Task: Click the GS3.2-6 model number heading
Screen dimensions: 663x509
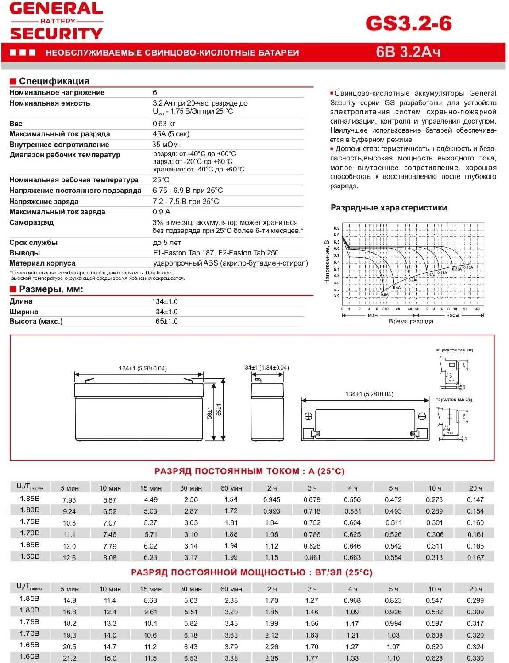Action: click(x=409, y=23)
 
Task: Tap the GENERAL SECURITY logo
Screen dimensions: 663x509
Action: click(x=56, y=21)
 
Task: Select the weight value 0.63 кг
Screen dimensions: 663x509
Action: click(x=164, y=123)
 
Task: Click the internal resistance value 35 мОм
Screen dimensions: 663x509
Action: click(x=165, y=145)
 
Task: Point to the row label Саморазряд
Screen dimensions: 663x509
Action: click(x=31, y=222)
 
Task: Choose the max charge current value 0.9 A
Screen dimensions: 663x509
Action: click(x=161, y=212)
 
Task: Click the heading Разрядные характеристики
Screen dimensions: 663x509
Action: click(x=389, y=208)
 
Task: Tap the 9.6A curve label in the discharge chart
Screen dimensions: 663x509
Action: click(x=384, y=294)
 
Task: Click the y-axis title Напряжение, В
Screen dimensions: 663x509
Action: click(x=327, y=262)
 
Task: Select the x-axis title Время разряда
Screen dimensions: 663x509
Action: click(x=411, y=321)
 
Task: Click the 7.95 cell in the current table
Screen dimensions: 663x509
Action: click(x=69, y=500)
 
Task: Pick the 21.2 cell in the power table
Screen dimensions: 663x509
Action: click(x=69, y=658)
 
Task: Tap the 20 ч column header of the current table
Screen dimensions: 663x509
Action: click(x=475, y=488)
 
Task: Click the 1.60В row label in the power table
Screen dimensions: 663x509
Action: click(x=30, y=656)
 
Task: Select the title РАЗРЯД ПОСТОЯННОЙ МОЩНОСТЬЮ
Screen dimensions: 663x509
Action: click(x=251, y=572)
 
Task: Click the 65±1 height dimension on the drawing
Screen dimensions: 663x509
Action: click(x=219, y=412)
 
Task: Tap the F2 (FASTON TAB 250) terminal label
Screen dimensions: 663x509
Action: click(x=453, y=400)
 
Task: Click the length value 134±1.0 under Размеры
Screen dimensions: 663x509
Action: click(x=165, y=301)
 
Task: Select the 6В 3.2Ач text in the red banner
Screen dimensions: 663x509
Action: click(x=408, y=52)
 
